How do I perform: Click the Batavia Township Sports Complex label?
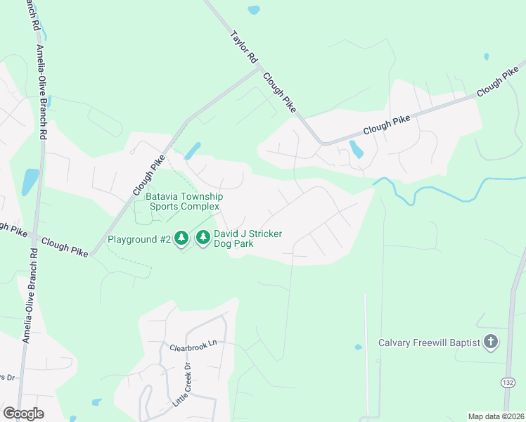point(184,201)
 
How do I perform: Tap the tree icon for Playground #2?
point(181,239)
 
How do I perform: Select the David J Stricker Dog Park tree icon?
point(203,238)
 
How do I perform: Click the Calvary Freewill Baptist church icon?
point(491,343)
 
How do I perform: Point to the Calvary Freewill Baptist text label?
point(429,343)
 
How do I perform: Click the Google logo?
point(23,414)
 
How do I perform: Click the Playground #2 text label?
point(139,239)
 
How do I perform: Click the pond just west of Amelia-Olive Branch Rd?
point(30,181)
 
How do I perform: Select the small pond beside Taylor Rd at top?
point(253,10)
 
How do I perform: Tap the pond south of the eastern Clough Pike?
point(357,150)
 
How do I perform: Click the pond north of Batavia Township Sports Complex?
point(191,151)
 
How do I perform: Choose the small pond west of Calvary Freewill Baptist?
point(358,347)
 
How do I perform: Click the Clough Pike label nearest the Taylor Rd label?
point(279,92)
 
